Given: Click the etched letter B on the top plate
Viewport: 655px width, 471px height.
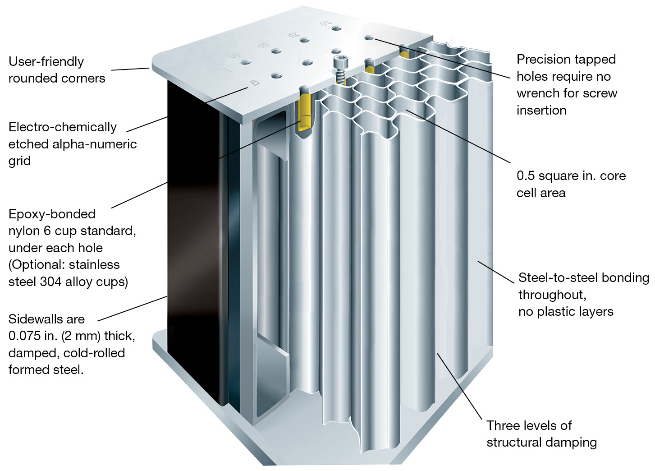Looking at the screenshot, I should (x=255, y=83).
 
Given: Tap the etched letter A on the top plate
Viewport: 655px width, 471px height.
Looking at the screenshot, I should (x=227, y=70).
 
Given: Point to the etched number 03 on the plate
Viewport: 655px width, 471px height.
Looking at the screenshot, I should (x=325, y=23).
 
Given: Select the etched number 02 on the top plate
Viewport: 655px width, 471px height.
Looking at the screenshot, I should (x=293, y=35).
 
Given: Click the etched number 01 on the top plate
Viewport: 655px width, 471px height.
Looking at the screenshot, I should (x=263, y=45).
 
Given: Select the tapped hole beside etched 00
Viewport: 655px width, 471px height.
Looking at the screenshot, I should (x=246, y=62).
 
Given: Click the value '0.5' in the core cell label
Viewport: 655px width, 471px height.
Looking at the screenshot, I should (x=525, y=176).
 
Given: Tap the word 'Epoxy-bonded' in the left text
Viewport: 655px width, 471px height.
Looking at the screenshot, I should (x=52, y=214).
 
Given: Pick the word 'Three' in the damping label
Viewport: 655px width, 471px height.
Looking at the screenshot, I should (x=503, y=425).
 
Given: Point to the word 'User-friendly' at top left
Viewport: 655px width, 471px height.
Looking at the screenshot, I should (x=46, y=61).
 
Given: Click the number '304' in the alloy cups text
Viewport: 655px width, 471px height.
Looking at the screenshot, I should (x=50, y=282).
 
